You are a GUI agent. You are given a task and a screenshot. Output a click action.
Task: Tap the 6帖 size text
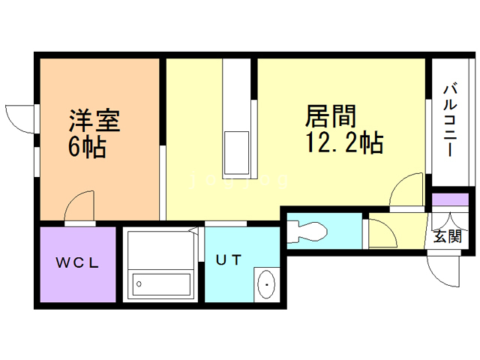pos(86,146)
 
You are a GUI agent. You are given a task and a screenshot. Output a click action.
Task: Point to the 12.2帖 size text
pos(344,142)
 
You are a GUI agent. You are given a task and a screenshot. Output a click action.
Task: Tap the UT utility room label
pos(228,260)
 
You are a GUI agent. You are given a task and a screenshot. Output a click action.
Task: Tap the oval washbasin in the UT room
pos(267,284)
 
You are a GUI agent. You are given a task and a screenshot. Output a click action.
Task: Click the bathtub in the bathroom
pos(160,284)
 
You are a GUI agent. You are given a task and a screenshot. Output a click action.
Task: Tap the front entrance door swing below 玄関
pos(442,265)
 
